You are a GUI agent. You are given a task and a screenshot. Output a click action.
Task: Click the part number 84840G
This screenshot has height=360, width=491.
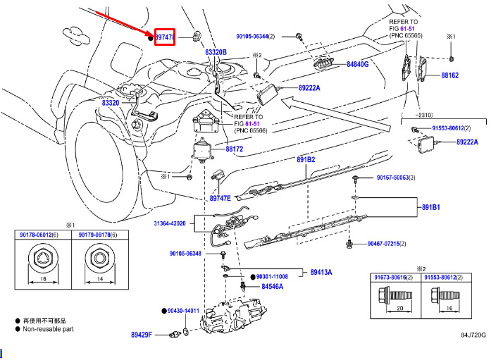coord(357,64)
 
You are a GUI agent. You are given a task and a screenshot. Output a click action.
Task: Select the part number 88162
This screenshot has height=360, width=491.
coord(450,75)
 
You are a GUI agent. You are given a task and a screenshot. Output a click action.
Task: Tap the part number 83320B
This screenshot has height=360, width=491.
coord(216,52)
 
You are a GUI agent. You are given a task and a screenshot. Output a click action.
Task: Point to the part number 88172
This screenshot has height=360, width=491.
coord(235,149)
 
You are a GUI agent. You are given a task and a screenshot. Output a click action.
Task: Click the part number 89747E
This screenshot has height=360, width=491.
coord(220,199)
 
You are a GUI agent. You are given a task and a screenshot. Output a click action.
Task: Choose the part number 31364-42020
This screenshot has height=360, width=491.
coord(170,223)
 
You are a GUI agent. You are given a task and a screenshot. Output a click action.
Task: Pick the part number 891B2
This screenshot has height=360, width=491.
coord(305,159)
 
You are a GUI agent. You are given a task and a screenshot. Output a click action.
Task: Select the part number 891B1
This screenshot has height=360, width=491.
coord(431,208)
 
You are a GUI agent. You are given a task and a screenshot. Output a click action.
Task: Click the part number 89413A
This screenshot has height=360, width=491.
coord(321,272)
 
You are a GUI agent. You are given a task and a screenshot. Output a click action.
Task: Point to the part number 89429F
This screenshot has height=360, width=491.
coord(141,335)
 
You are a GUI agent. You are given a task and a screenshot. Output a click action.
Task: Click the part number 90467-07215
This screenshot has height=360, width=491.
coord(383,243)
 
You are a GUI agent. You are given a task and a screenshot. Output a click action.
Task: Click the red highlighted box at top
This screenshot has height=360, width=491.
coord(164,36)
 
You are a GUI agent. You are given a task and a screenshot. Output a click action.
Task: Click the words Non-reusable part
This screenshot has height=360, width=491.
coord(50,328)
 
